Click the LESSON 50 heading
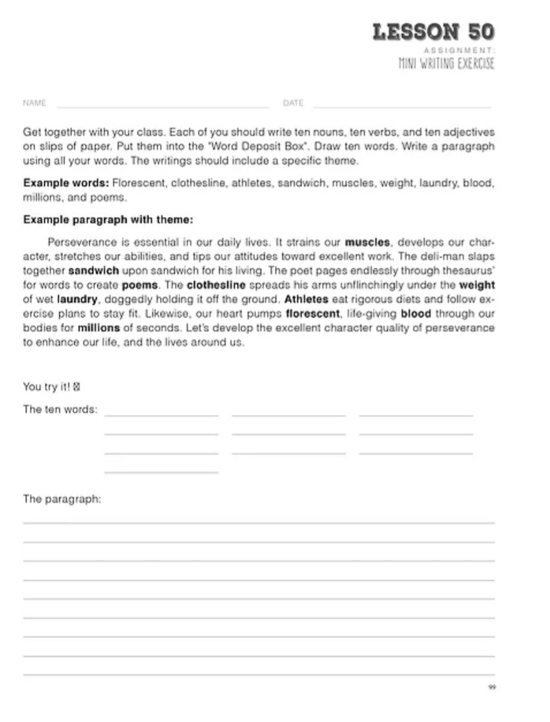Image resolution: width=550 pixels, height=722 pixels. (x=434, y=32)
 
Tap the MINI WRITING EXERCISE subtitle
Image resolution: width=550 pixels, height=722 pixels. (x=446, y=64)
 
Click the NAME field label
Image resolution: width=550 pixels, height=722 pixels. (x=35, y=103)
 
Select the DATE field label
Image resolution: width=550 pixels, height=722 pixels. (x=293, y=103)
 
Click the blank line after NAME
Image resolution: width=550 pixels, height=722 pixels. (x=163, y=106)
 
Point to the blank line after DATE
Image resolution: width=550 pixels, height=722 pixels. (x=402, y=106)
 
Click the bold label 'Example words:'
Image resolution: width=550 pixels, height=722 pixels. (x=66, y=183)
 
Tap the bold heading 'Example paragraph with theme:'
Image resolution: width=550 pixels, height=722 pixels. (x=108, y=220)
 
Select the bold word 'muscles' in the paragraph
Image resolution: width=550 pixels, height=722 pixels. (x=368, y=242)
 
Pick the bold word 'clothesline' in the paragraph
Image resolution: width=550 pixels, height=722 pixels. (x=216, y=284)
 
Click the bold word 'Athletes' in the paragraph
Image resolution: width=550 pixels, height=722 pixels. (x=306, y=299)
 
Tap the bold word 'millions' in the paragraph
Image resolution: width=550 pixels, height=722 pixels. (x=99, y=328)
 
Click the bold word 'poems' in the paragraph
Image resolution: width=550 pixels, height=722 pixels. (x=140, y=284)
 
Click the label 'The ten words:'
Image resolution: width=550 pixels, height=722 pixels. (x=60, y=410)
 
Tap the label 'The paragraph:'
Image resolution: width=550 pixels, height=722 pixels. (x=62, y=499)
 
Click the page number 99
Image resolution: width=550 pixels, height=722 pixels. (x=491, y=688)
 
